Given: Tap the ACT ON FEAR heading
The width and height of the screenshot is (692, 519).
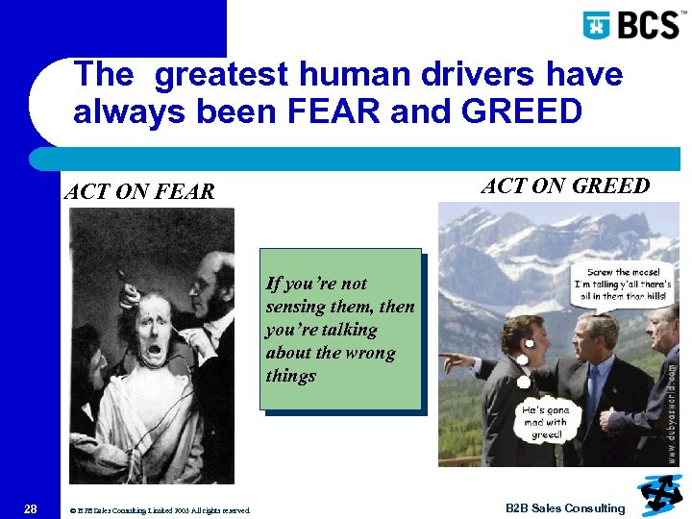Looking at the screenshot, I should pyautogui.click(x=139, y=191).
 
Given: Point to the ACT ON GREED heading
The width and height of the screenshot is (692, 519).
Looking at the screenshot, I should pyautogui.click(x=565, y=185).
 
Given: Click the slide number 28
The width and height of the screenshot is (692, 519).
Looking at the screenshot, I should pyautogui.click(x=32, y=508).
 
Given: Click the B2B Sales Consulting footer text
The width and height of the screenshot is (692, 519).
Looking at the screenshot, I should pyautogui.click(x=565, y=508).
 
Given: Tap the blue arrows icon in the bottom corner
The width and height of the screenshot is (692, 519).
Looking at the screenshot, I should pyautogui.click(x=659, y=493).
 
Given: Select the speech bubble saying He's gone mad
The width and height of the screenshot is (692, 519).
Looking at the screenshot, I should pyautogui.click(x=545, y=422).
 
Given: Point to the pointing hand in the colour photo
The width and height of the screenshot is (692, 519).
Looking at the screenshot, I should pyautogui.click(x=449, y=362).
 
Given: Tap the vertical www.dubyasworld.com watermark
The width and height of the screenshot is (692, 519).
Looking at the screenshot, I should pyautogui.click(x=671, y=404).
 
